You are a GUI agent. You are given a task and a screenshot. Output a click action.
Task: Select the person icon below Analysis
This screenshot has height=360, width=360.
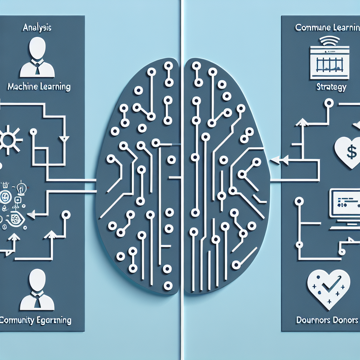coord(37,58)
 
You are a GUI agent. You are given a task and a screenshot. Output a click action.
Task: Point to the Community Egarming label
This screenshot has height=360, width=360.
coord(36,320)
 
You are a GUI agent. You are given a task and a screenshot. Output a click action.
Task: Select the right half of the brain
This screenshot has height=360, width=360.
coord(225,176)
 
